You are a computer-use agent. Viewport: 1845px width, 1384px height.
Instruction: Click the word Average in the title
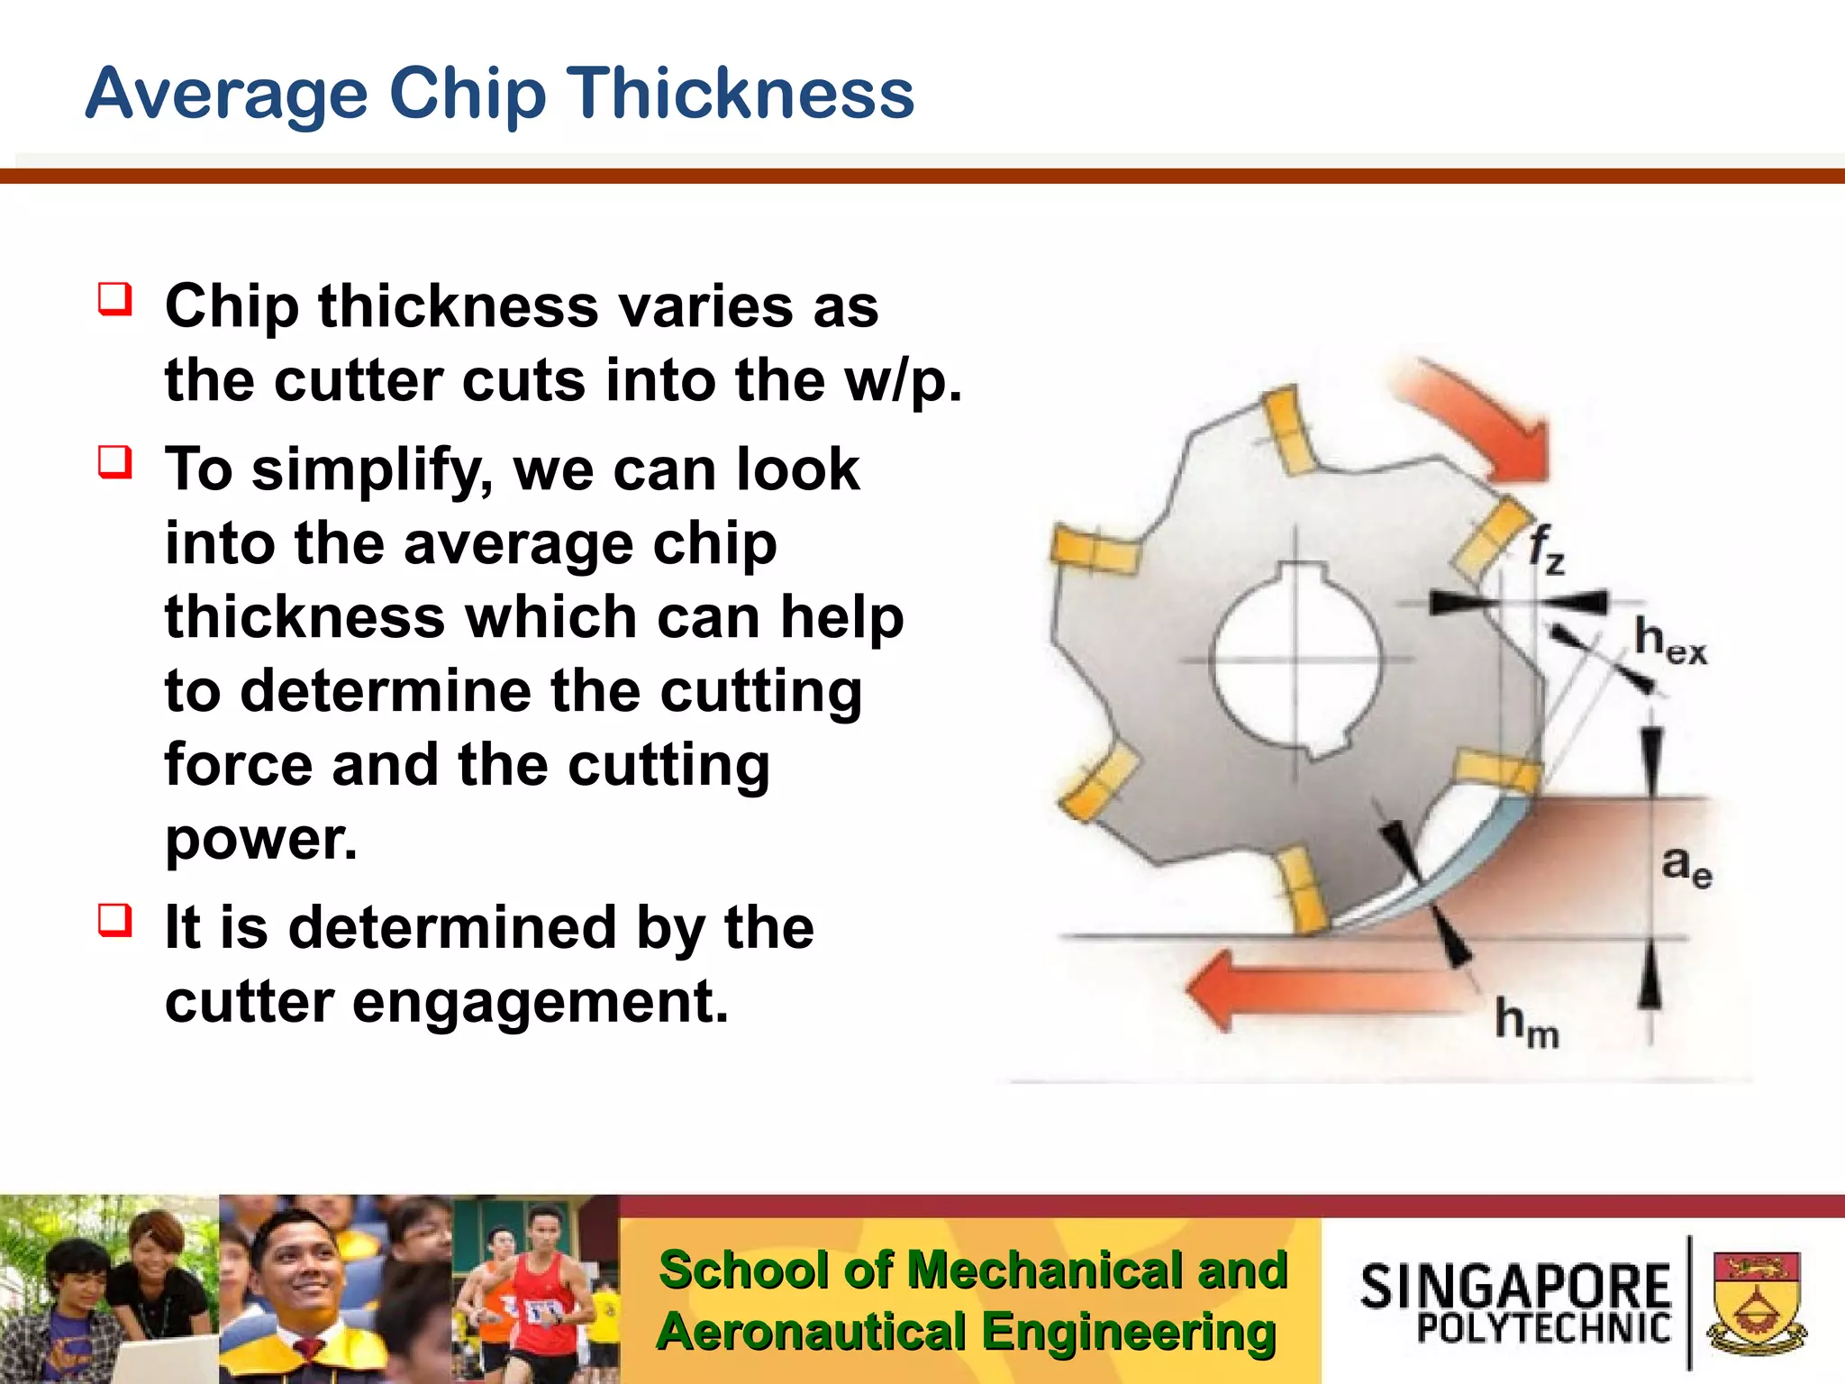click(226, 95)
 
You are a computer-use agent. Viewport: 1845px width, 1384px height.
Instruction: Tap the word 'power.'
click(261, 839)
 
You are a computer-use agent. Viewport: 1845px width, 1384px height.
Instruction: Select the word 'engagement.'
click(540, 1002)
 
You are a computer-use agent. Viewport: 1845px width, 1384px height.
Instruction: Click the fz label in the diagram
click(1546, 549)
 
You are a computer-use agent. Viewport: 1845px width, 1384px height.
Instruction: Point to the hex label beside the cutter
click(1669, 642)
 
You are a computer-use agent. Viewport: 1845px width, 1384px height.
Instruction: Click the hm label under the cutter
click(1526, 1023)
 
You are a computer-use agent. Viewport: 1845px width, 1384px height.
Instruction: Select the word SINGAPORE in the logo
click(1515, 1286)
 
